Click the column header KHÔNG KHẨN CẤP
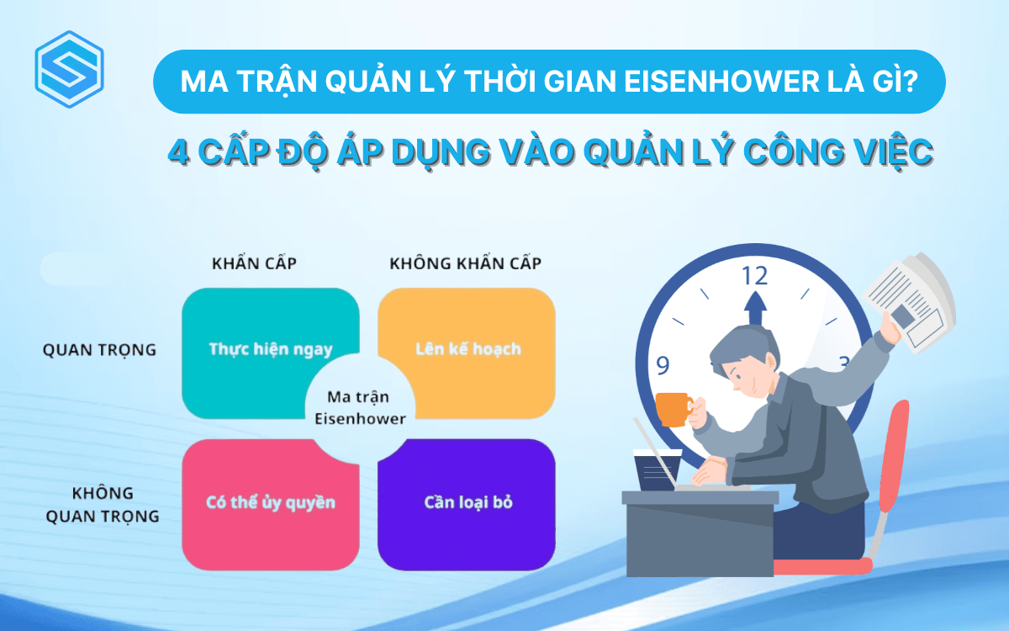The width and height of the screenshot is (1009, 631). pos(465,263)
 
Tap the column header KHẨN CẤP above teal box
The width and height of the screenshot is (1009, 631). pos(254,263)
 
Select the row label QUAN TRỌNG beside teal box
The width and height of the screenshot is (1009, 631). pos(99,350)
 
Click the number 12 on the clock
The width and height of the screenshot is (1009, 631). pos(755,275)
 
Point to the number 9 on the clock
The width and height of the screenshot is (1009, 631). pos(663,365)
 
